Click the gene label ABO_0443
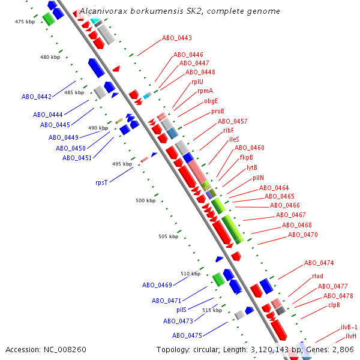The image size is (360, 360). [177, 38]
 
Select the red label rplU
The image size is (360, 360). [197, 82]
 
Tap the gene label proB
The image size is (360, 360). [218, 111]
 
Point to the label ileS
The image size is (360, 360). [234, 139]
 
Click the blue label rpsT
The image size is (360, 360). [101, 182]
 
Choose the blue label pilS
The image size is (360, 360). [181, 310]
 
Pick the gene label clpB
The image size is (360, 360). [334, 305]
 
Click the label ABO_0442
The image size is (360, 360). [37, 97]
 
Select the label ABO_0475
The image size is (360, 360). [187, 335]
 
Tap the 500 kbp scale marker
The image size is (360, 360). [146, 200]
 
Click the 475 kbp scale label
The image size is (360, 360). [26, 22]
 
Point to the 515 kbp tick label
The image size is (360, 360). [212, 310]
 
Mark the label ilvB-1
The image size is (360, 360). [349, 327]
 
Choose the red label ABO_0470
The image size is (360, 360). [303, 235]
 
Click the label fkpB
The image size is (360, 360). [247, 157]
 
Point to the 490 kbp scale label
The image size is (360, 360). [98, 128]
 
